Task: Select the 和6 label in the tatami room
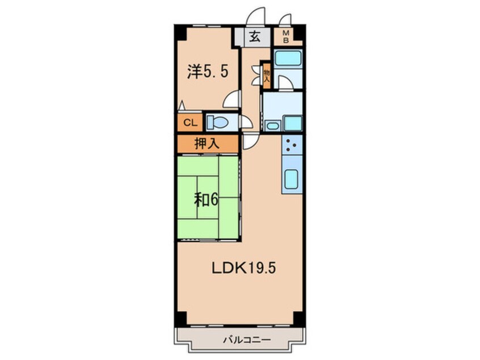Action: pyautogui.click(x=207, y=200)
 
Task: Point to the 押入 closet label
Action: pyautogui.click(x=207, y=144)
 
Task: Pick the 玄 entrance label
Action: pyautogui.click(x=255, y=39)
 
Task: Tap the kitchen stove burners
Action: pyautogui.click(x=292, y=146)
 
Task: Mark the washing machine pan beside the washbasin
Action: pyautogui.click(x=292, y=123)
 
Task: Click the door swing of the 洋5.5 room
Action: pyautogui.click(x=232, y=100)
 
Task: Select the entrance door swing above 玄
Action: pyautogui.click(x=256, y=17)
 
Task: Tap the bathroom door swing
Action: pyautogui.click(x=285, y=83)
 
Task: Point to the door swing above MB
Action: pyautogui.click(x=285, y=20)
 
